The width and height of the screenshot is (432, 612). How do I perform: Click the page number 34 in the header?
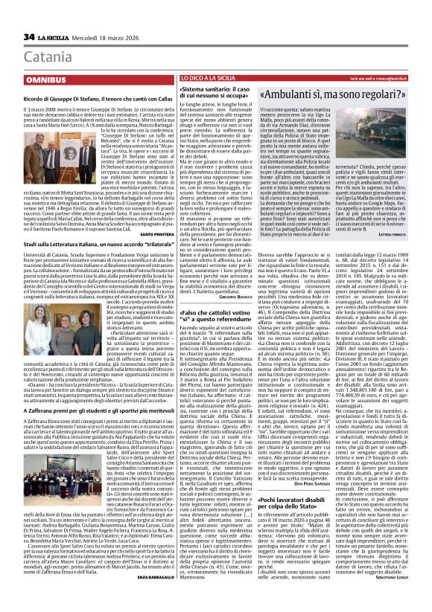[29, 37]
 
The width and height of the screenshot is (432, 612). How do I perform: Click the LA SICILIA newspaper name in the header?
[54, 37]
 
